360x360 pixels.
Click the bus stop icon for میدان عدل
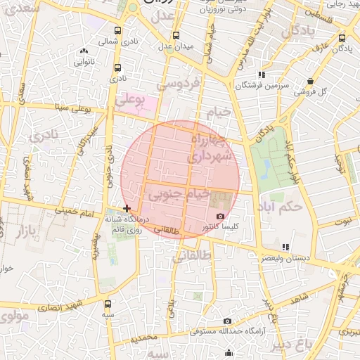(175, 35)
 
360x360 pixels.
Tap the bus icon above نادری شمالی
(117, 30)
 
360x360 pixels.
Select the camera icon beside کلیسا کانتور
(220, 216)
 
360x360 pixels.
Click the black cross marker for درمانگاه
(127, 208)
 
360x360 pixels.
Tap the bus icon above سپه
(107, 304)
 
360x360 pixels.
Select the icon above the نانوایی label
(84, 51)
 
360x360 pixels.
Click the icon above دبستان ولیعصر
(285, 247)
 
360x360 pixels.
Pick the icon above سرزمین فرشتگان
(261, 74)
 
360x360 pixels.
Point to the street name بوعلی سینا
(75, 109)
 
